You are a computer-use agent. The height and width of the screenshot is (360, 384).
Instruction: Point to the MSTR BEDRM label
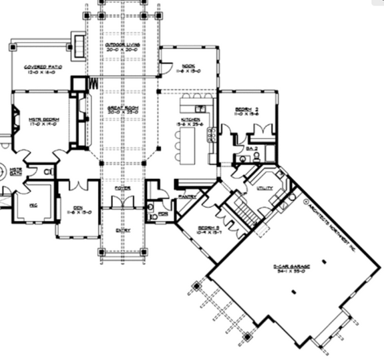[x=44, y=121]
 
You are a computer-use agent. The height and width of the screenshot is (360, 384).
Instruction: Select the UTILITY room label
[x=265, y=189]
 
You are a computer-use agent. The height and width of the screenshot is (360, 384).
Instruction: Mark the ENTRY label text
[x=122, y=230]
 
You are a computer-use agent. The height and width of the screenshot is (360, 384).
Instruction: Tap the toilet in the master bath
[x=47, y=172]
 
